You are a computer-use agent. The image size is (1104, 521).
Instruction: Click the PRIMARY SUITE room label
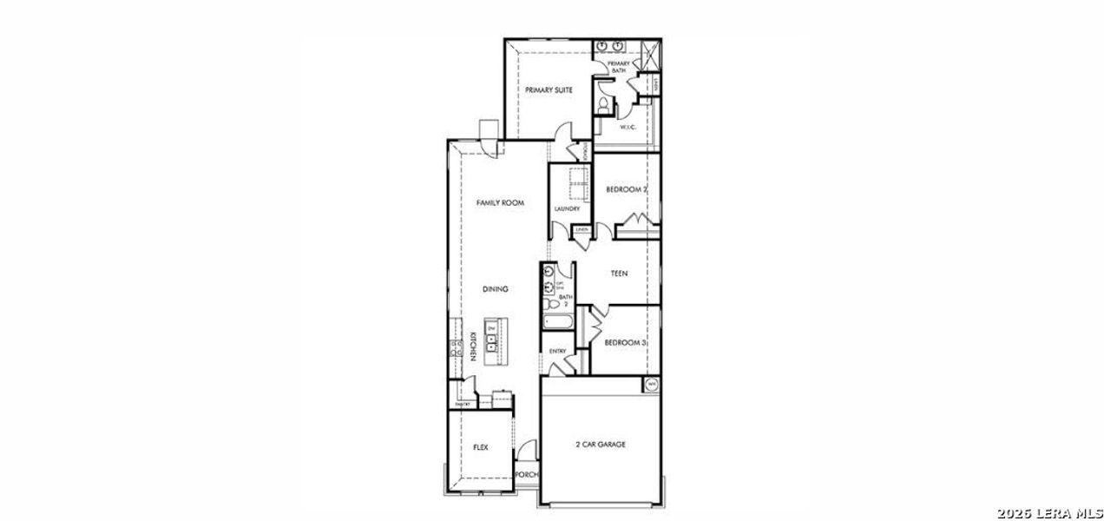[548, 89]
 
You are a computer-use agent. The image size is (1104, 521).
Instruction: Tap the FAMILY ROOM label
[501, 202]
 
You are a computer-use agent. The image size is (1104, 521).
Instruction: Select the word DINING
[496, 289]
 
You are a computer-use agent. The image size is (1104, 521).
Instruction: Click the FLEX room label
[480, 447]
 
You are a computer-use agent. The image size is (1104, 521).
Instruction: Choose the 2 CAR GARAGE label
[601, 444]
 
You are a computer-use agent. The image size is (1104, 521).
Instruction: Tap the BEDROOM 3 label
[626, 343]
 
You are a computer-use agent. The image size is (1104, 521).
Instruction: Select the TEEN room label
[619, 274]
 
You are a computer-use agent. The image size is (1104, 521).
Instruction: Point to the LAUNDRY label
[567, 208]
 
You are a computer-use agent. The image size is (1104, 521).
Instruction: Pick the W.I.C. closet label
[628, 128]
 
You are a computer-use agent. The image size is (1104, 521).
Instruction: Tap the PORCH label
[527, 475]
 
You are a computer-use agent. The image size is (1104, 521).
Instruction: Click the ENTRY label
[558, 351]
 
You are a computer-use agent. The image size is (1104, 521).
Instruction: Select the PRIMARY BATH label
[619, 67]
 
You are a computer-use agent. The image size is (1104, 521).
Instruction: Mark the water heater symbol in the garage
[651, 384]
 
